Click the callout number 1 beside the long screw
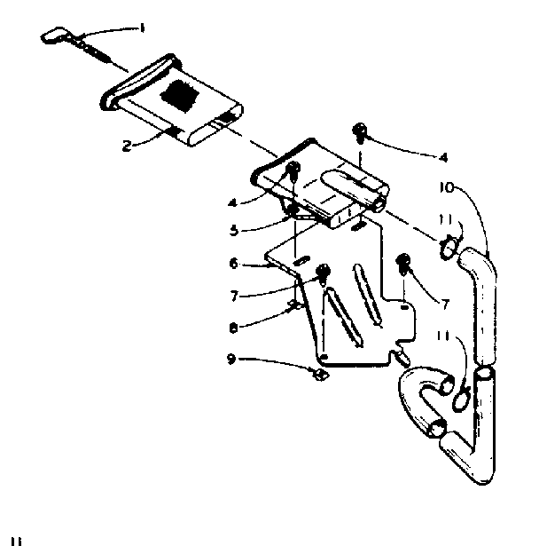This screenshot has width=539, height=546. (x=141, y=28)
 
